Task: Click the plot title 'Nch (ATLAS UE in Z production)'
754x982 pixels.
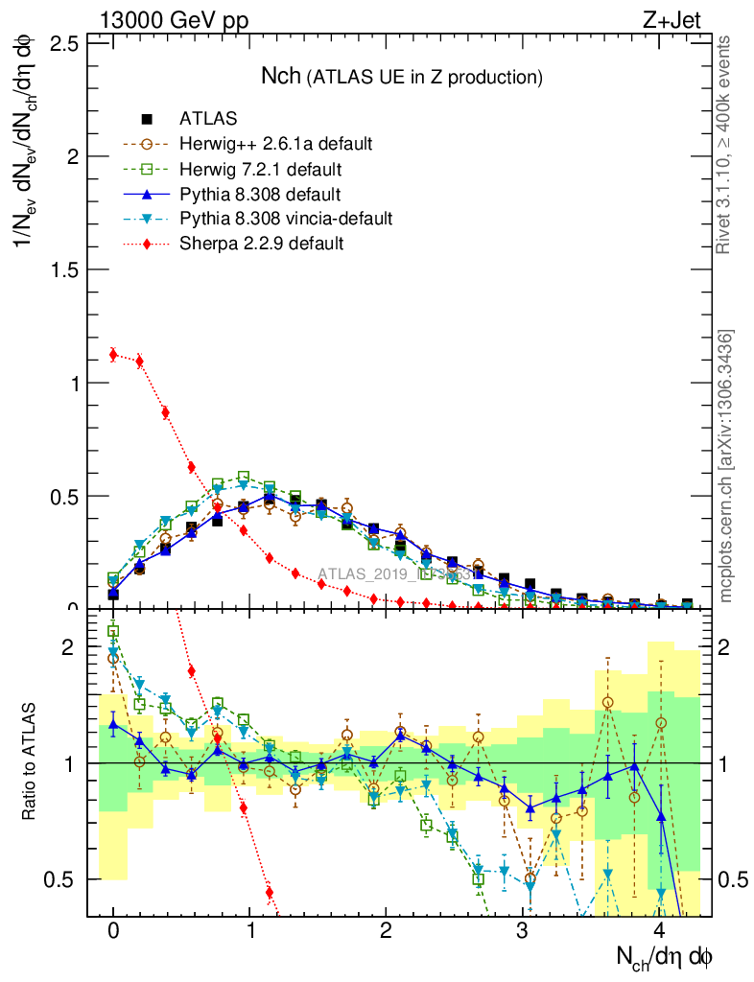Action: pos(403,76)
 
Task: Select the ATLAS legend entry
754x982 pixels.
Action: pos(208,119)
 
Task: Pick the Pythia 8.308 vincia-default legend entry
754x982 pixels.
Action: pos(286,219)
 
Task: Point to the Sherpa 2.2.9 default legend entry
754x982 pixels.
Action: pos(261,244)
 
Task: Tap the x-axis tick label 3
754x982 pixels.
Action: pos(522,932)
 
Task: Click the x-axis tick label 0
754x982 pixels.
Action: pos(113,932)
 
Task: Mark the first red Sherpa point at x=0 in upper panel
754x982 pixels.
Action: pos(113,355)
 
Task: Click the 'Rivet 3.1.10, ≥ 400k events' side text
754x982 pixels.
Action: pos(725,144)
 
